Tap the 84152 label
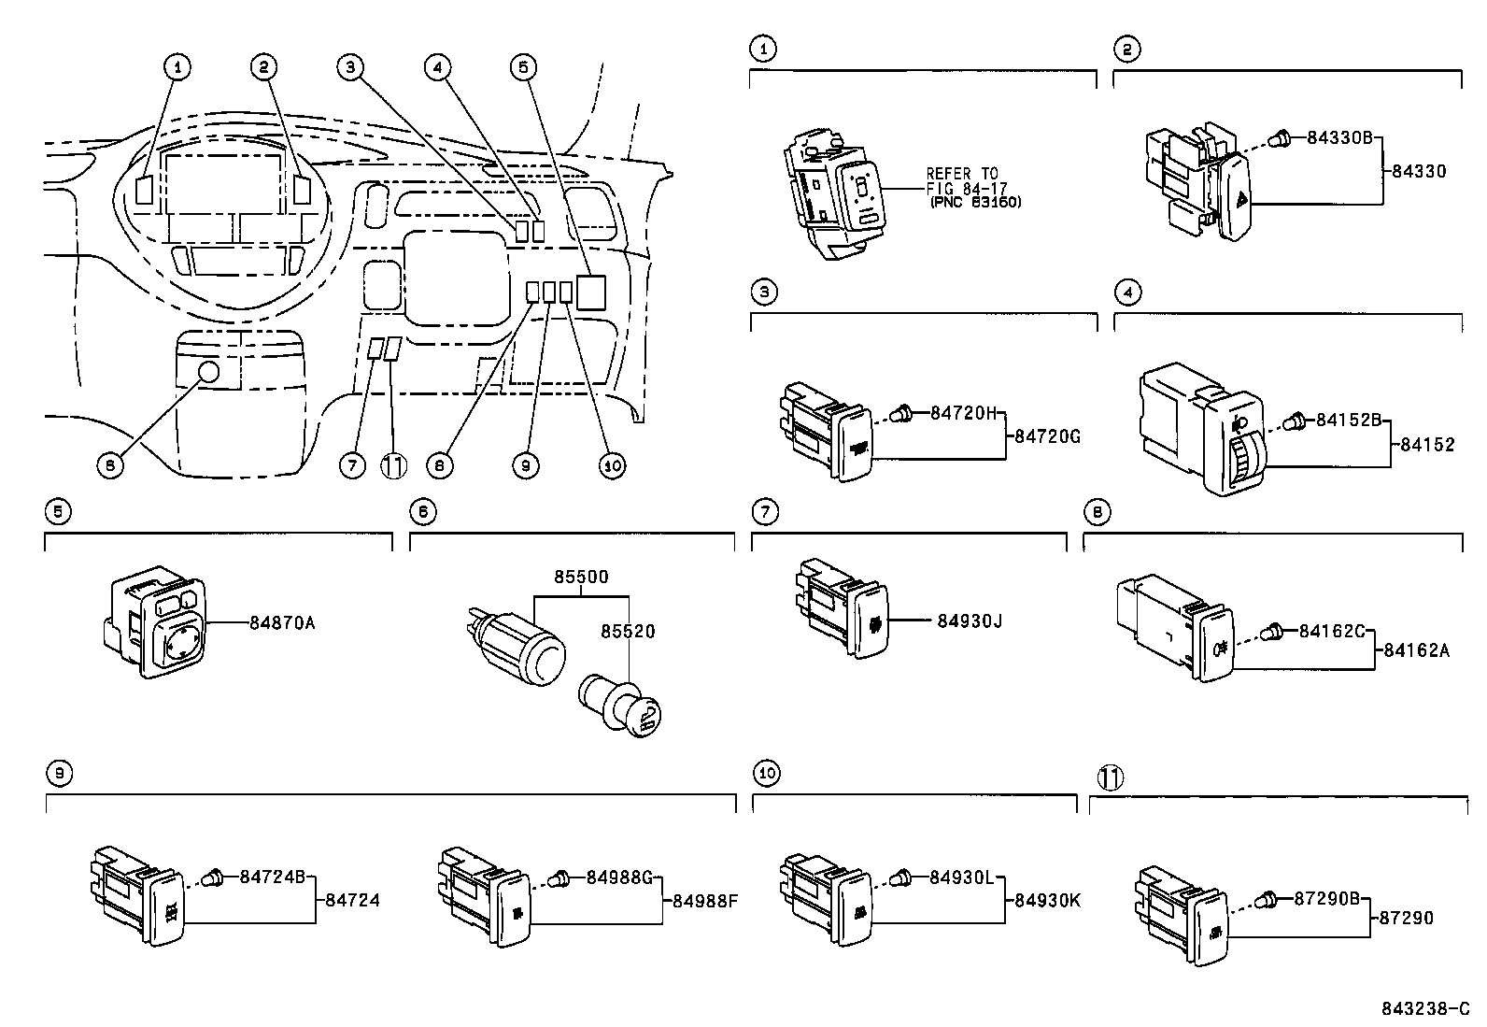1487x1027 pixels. click(1426, 445)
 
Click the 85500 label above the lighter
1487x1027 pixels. click(581, 577)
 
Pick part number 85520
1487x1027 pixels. click(628, 631)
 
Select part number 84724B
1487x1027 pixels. click(273, 877)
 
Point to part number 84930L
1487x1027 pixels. click(962, 877)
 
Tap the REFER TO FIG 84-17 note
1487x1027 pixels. click(971, 187)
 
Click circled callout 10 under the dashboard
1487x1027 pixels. click(612, 465)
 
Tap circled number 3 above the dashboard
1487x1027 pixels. click(349, 66)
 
